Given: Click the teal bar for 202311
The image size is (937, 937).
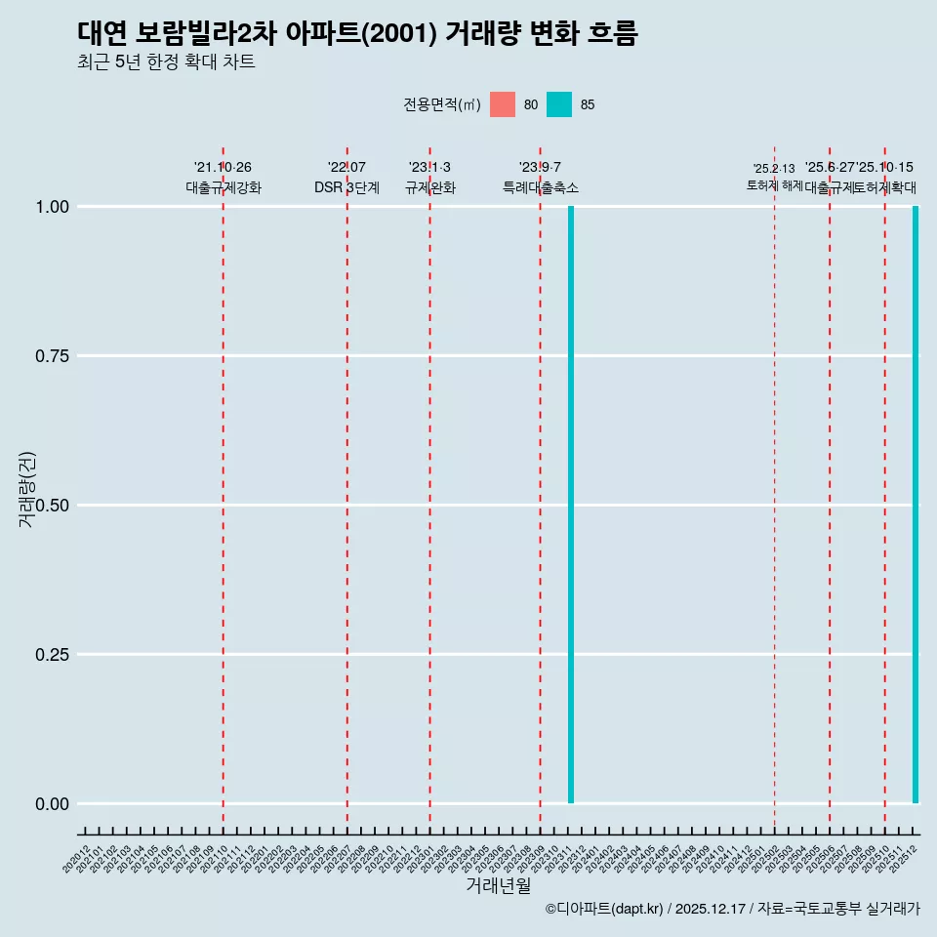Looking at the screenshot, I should click(x=570, y=505).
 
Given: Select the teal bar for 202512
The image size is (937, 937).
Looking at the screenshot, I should click(x=916, y=505).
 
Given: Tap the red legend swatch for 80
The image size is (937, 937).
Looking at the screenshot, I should click(x=503, y=104).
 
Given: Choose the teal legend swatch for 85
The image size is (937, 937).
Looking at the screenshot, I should click(x=559, y=104).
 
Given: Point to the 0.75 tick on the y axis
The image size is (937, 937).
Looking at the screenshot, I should click(x=52, y=356).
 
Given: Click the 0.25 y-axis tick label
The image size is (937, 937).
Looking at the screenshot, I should click(x=52, y=655).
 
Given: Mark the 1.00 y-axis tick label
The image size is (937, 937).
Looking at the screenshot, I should click(x=52, y=207).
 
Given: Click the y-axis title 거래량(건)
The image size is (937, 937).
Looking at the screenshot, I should click(x=26, y=490).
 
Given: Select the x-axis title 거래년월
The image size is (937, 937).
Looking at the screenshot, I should click(x=498, y=885).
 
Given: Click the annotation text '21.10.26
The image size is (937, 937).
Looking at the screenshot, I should click(x=223, y=168).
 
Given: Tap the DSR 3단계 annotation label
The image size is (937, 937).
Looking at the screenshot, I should click(x=346, y=187).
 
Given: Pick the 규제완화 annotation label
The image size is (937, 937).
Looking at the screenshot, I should click(x=429, y=187).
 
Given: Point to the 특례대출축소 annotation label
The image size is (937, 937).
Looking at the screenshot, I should click(x=540, y=187).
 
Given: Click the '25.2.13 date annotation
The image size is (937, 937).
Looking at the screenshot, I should click(x=774, y=169).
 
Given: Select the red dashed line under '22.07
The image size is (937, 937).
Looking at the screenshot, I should click(x=346, y=488).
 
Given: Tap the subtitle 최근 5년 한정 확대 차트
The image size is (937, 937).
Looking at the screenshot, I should click(x=166, y=62).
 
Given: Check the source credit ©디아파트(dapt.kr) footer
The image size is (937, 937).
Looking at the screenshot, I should click(x=732, y=909).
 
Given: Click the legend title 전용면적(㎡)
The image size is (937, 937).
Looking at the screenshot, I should click(x=441, y=104).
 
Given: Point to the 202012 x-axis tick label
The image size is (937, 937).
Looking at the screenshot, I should click(x=77, y=859).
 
